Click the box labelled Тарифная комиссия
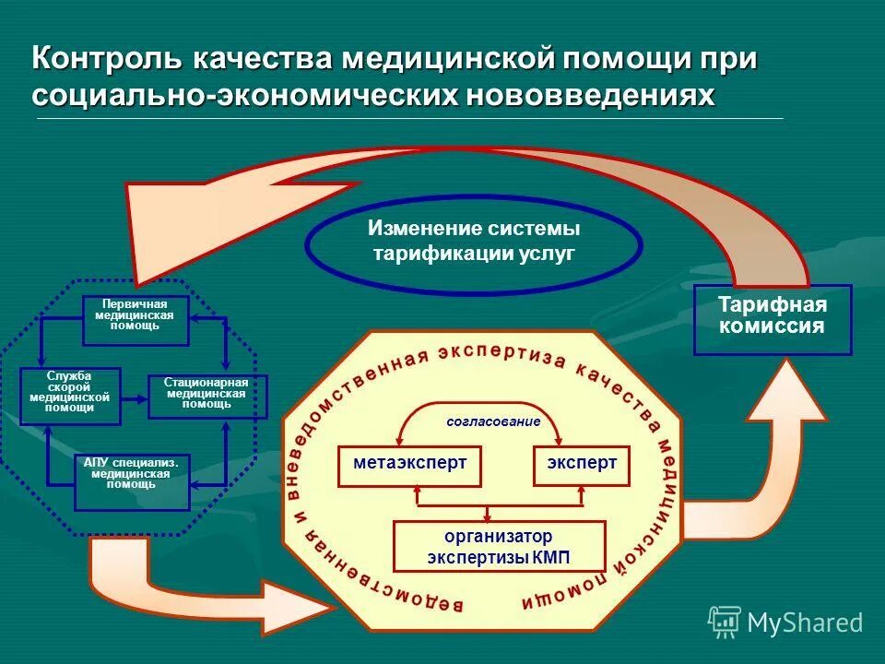coord(773,319)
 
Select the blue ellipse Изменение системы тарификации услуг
coord(474,242)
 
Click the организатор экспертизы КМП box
coord(499,546)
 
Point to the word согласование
coord(479,421)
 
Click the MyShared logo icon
coord(725,622)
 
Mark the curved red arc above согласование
coord(480,406)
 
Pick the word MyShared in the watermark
coord(805,623)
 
